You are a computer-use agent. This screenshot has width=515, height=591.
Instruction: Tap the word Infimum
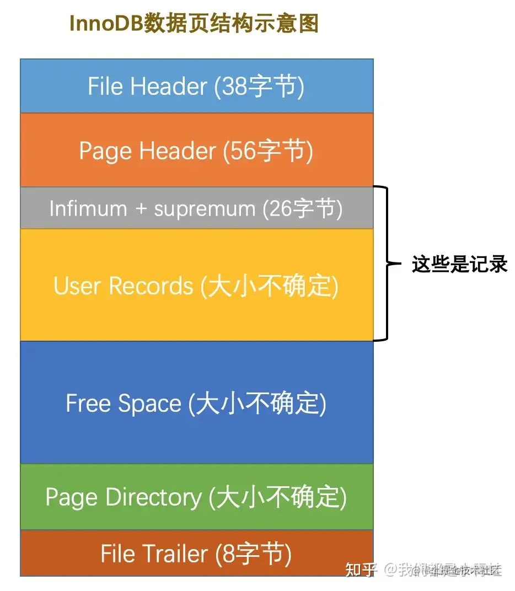(x=88, y=208)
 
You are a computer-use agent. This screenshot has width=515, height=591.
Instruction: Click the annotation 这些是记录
(x=459, y=265)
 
